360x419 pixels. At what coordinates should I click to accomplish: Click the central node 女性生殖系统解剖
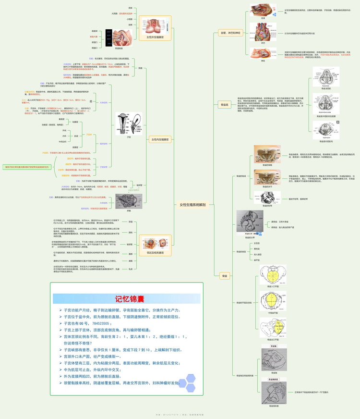(192, 205)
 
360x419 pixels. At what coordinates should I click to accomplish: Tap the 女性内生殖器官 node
(160, 140)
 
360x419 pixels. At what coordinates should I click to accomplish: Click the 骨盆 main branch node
(224, 276)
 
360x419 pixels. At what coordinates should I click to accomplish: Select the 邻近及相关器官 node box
(155, 252)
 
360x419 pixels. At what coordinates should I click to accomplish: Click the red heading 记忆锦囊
(126, 299)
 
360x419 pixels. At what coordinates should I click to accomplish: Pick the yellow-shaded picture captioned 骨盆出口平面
(274, 328)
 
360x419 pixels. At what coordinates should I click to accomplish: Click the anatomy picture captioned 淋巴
(263, 33)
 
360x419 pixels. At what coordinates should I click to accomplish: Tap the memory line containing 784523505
(88, 323)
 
